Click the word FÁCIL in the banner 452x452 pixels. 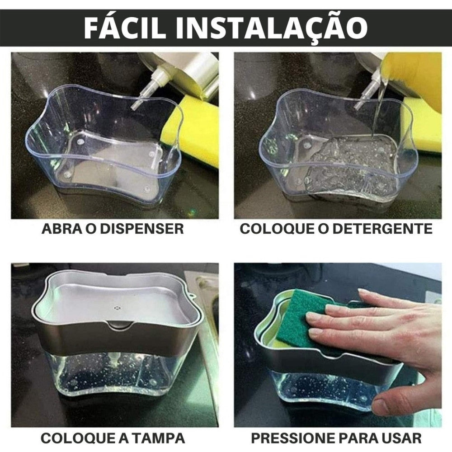(125, 27)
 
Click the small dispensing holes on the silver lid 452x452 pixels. (117, 308)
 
